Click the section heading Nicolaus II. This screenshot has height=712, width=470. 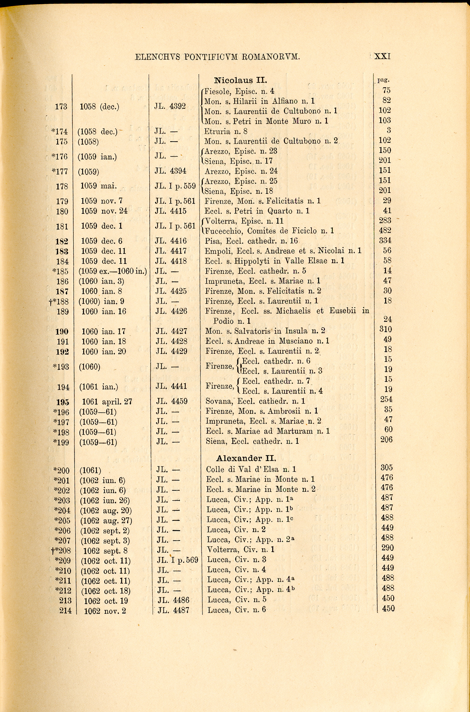click(x=240, y=80)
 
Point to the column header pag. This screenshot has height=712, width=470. click(x=383, y=80)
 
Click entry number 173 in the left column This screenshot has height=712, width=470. click(x=61, y=106)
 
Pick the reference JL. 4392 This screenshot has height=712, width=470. click(x=170, y=106)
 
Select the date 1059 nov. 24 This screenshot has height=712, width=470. click(x=104, y=211)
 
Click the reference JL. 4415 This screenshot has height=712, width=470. click(x=171, y=211)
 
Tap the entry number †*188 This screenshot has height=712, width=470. click(x=59, y=301)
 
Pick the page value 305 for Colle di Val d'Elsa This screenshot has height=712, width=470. click(x=387, y=467)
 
